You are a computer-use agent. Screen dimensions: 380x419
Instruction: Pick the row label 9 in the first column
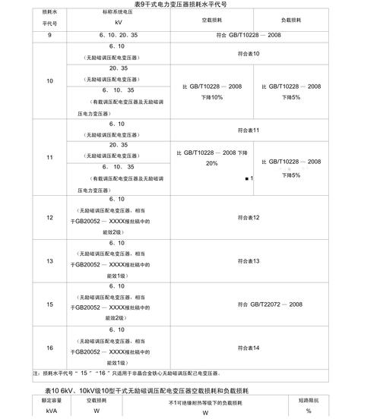(49, 36)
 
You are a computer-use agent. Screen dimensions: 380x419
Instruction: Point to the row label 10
(49, 81)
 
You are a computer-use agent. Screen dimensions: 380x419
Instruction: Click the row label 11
(49, 157)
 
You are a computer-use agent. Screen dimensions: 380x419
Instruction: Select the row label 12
(49, 218)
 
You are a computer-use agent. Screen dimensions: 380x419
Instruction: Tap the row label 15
(49, 304)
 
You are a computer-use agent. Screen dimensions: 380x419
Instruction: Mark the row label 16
(49, 348)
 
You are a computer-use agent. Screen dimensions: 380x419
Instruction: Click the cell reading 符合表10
(249, 54)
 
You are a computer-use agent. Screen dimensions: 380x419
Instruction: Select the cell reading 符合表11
(249, 130)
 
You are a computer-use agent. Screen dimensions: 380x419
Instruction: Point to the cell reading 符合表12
(249, 218)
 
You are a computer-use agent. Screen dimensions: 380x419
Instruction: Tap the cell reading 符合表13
(249, 261)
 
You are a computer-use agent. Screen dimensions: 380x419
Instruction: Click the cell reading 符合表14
(249, 348)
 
